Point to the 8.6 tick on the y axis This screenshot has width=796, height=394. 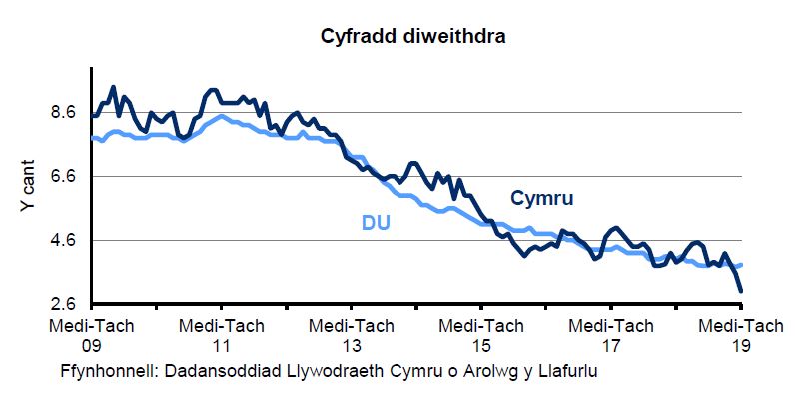(64, 113)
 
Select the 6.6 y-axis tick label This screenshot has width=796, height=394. (64, 177)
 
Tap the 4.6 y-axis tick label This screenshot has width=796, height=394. (64, 241)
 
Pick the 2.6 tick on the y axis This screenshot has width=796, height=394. (64, 304)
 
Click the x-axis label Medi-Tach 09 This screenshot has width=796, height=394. (91, 334)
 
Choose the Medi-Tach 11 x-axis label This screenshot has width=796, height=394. (221, 334)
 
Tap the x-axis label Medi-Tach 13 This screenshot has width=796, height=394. (352, 334)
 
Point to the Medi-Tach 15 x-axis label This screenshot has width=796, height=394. (481, 334)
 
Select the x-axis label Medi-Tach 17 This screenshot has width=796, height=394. (611, 334)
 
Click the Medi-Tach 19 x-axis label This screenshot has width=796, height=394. (740, 334)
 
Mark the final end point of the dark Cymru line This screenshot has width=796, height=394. (741, 291)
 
